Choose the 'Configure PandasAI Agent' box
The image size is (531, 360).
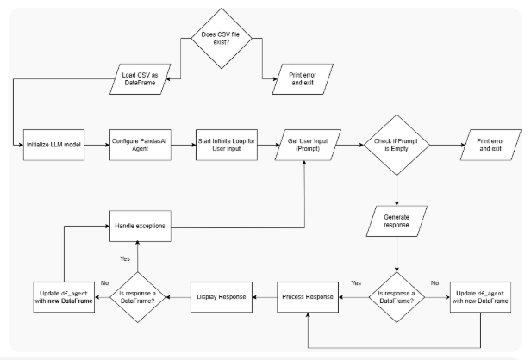[139, 143]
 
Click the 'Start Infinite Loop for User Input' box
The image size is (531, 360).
[221, 143]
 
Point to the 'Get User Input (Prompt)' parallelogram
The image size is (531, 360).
[306, 143]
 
